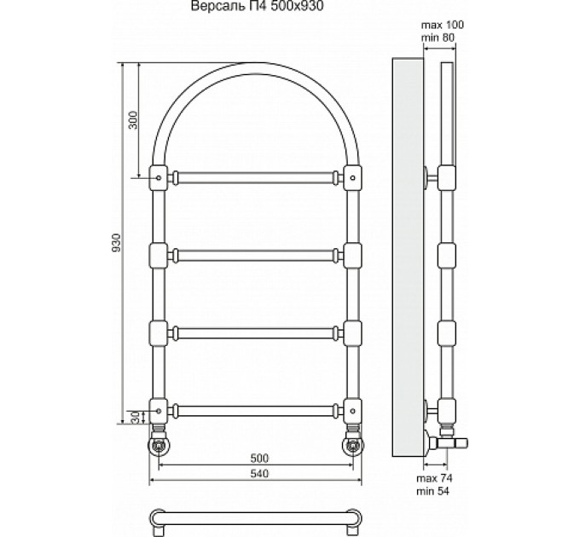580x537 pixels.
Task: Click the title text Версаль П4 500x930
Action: pyautogui.click(x=257, y=6)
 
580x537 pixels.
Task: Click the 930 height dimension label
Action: pyautogui.click(x=117, y=242)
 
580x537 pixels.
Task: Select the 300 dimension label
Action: pyautogui.click(x=133, y=119)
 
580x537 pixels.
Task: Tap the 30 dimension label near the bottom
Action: pyautogui.click(x=136, y=418)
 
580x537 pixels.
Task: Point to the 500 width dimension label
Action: pyautogui.click(x=259, y=459)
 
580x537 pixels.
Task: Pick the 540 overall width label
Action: pyautogui.click(x=259, y=473)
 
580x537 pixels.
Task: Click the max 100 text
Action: pyautogui.click(x=443, y=25)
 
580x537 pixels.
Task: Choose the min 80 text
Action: pyautogui.click(x=438, y=38)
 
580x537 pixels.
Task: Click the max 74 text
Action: pyautogui.click(x=434, y=478)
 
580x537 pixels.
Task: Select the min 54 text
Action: pyautogui.click(x=432, y=491)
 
